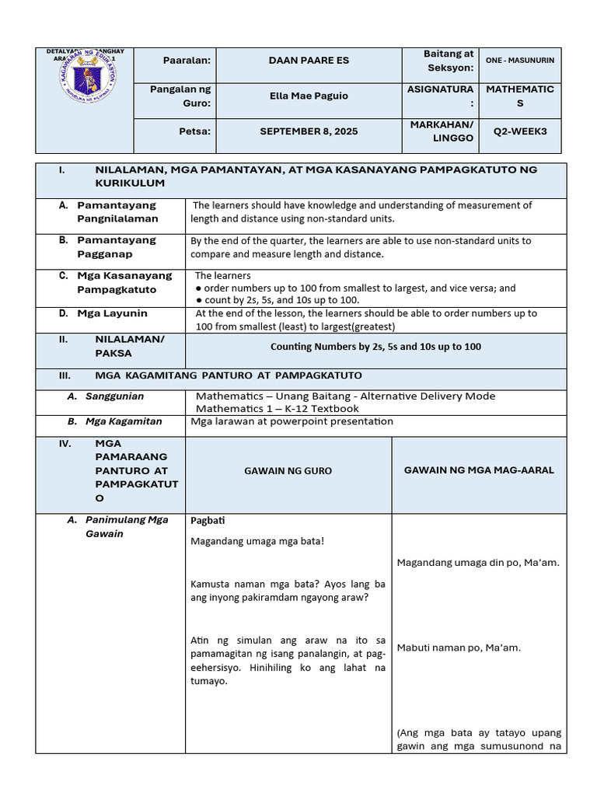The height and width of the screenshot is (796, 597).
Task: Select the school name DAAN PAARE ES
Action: coord(309,60)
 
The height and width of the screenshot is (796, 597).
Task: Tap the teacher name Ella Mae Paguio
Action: coord(309,96)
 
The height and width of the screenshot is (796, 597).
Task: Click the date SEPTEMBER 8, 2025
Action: coord(309,131)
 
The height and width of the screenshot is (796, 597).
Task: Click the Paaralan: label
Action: coord(187,61)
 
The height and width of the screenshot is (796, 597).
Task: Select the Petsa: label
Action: coord(194,131)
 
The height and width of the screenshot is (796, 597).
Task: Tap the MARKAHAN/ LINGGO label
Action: coord(441,131)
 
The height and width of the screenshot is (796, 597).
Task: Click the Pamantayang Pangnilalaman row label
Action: coord(117,211)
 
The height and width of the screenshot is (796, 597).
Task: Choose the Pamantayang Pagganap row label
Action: coord(117,246)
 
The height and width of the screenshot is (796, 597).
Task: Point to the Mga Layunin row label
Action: coord(112,313)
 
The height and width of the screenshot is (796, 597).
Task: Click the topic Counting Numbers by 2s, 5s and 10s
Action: coord(375,347)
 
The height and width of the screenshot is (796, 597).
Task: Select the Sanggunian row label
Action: coord(114,396)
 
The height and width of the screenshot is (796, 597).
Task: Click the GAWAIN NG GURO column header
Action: coord(288,471)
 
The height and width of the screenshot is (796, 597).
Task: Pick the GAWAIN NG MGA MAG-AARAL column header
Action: coord(479,470)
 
